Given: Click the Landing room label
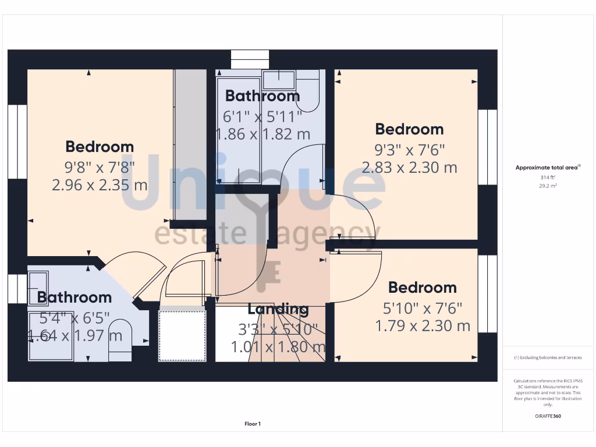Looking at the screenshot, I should click(278, 309).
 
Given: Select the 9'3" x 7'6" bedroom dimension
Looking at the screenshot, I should click(410, 150).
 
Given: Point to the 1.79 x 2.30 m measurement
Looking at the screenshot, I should click(423, 325).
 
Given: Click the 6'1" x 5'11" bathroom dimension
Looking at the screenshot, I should click(263, 116).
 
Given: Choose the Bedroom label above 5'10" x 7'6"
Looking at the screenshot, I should click(423, 288).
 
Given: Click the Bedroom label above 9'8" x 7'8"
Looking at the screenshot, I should click(100, 147).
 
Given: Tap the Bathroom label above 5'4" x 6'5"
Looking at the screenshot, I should click(74, 297).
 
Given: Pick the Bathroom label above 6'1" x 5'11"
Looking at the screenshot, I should click(262, 96).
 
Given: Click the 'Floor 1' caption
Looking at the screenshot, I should click(253, 424).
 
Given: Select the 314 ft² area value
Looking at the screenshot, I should click(548, 177).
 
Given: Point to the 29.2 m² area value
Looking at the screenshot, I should click(548, 186).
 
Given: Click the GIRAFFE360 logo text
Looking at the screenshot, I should click(548, 416).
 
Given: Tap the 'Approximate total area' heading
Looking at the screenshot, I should click(547, 168).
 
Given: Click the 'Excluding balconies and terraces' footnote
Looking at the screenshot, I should click(548, 357).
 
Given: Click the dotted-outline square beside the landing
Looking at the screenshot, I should click(183, 336).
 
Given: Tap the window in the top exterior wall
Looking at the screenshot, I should click(251, 59).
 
